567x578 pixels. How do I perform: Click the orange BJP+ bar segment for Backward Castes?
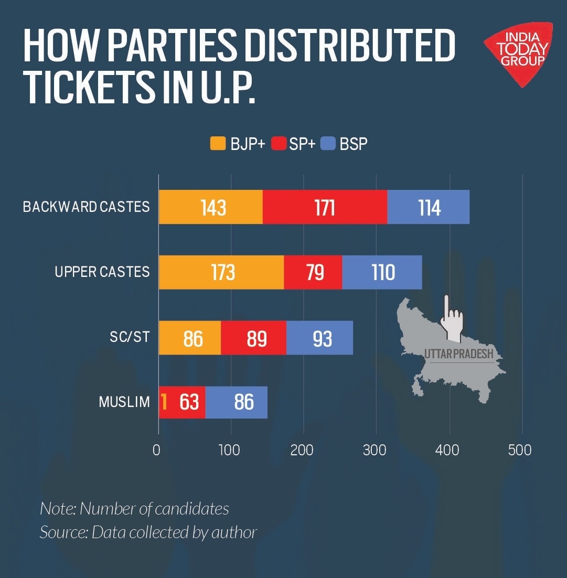tap(211, 207)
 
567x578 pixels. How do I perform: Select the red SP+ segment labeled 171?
tap(325, 207)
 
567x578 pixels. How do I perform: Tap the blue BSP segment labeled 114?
tap(428, 207)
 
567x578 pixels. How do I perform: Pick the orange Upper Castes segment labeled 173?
tap(221, 272)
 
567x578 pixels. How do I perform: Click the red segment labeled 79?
tap(313, 272)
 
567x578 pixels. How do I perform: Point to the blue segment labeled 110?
tap(382, 272)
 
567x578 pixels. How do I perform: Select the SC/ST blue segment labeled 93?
tap(320, 338)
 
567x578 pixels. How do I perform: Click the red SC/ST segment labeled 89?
tap(254, 338)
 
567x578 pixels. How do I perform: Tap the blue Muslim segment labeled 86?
tap(237, 402)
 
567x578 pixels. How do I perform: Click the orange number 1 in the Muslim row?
tap(164, 402)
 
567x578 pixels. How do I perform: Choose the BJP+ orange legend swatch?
tap(218, 144)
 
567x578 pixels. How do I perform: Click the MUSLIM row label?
tap(124, 402)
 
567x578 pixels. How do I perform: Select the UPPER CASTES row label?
tap(102, 272)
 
